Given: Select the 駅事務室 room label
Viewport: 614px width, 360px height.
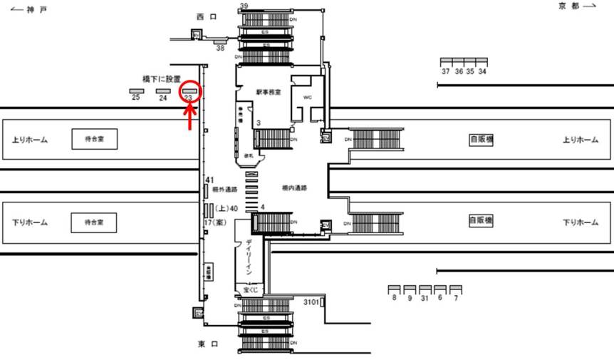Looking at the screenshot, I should click(269, 92).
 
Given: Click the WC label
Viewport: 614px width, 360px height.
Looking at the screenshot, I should click(308, 96).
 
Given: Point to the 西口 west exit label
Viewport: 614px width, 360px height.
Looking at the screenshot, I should click(207, 16).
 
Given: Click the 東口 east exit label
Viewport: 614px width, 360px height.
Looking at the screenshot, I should click(208, 344).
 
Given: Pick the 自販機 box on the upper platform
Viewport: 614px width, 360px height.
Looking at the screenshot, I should click(481, 139).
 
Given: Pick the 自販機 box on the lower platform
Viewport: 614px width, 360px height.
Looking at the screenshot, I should click(481, 222).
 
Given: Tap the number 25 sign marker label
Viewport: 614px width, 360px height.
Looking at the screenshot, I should click(135, 98).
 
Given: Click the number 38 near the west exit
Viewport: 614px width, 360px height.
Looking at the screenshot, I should click(220, 48).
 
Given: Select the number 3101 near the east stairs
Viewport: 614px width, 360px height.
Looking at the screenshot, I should click(311, 302).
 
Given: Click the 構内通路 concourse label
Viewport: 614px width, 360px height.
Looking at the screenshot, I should click(294, 188).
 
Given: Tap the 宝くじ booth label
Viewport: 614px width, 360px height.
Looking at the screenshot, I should click(249, 291).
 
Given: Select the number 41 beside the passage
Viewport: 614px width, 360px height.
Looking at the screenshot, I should click(209, 180).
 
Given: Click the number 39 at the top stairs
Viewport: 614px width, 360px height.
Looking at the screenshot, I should click(244, 6).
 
